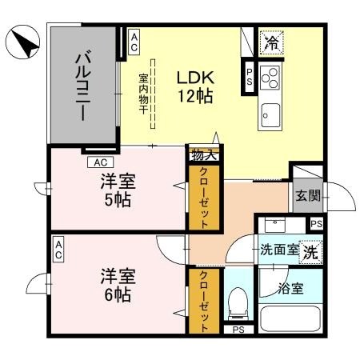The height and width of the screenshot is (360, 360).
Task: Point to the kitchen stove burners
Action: click(270, 78)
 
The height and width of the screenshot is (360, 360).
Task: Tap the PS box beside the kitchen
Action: click(249, 75)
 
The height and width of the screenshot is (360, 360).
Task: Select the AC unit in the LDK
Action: click(134, 42)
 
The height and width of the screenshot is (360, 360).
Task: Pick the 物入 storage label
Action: click(200, 155)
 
